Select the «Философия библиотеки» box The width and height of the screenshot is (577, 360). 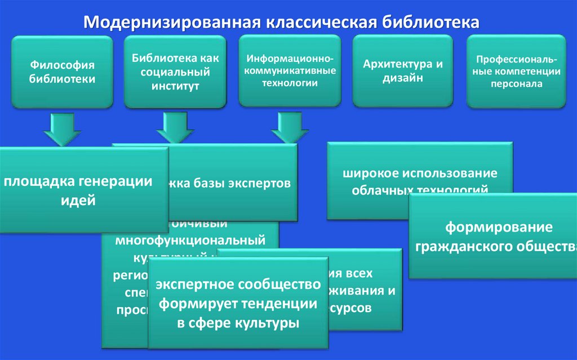pos(62,72)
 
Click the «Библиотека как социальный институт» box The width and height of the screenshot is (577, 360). pos(175,72)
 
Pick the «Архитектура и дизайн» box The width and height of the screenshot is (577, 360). pos(403,70)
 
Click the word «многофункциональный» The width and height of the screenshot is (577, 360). pos(190,241)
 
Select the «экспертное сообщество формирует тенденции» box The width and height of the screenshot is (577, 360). pos(237,303)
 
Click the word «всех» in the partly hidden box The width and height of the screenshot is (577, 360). pos(359,273)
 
